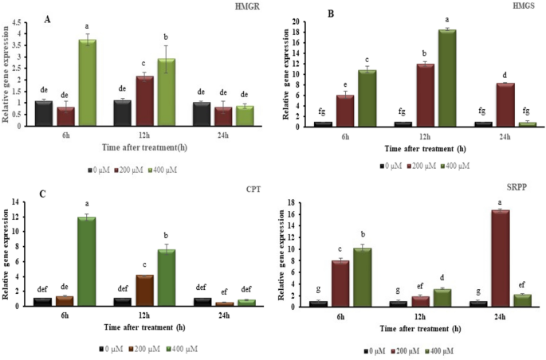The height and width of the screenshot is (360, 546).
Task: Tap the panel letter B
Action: [307, 14]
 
